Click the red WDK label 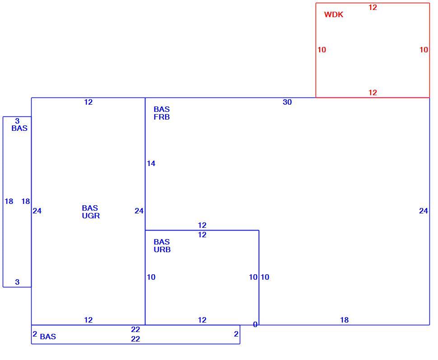coord(334,14)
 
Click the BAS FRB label coord(162,113)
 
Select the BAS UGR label coord(91,212)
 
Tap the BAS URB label coord(162,245)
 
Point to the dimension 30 coord(287,102)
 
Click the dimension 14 coord(151,164)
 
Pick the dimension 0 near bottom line coord(255,324)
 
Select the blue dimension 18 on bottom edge coord(345,320)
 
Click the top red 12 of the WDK coord(373,8)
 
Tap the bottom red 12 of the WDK coord(373,92)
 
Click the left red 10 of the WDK coord(322,50)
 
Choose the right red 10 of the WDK coord(424,50)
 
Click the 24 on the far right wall coord(424,211)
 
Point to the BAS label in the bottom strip coord(48,337)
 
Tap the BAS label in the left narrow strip coord(19,129)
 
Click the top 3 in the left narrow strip coord(17,121)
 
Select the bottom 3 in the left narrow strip coord(17,282)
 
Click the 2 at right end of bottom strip coord(236,334)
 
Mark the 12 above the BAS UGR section coord(88,102)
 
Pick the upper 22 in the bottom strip coord(135,330)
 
